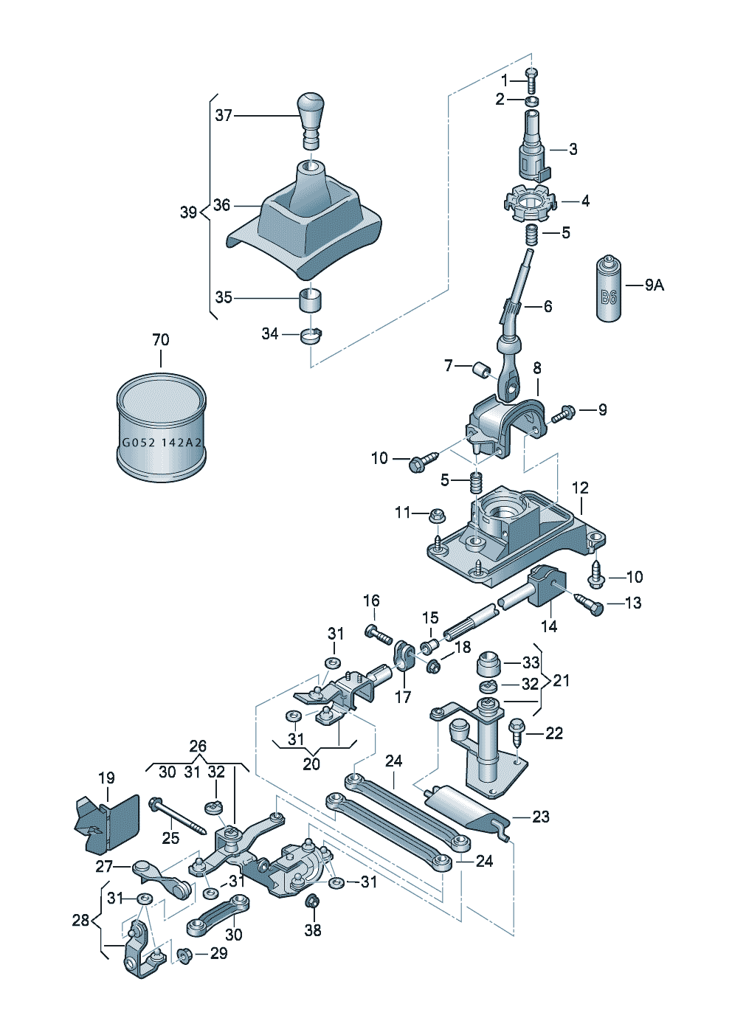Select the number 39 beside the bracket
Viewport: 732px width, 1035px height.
point(188,212)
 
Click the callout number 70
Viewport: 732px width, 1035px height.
point(160,340)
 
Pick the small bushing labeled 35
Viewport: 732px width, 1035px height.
point(311,300)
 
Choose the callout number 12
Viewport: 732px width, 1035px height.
point(580,488)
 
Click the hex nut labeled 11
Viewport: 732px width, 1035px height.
point(436,514)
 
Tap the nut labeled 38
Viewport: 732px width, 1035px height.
point(312,901)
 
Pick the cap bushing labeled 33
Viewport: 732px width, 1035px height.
point(488,663)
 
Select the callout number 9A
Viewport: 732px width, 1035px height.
point(654,285)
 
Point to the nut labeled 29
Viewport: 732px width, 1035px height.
point(184,955)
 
